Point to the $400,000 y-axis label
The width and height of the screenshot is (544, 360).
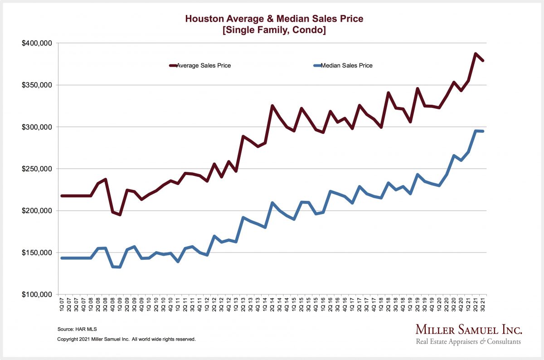click(x=37, y=43)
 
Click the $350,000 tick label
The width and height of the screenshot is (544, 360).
click(x=37, y=85)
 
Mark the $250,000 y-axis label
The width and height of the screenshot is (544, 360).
click(x=37, y=169)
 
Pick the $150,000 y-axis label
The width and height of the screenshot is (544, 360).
click(x=37, y=253)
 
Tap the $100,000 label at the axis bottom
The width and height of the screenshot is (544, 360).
click(x=37, y=295)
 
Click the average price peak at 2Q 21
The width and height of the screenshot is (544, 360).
click(x=476, y=54)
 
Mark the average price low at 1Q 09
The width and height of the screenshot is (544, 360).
click(x=120, y=214)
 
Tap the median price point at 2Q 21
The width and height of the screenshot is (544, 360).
click(x=476, y=131)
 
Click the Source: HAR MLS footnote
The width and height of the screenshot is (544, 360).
click(x=75, y=329)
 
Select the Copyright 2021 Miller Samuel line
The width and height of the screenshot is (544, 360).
click(x=126, y=339)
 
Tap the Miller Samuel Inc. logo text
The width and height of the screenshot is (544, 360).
click(x=469, y=330)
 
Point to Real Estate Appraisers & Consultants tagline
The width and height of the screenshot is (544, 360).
click(x=468, y=341)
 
